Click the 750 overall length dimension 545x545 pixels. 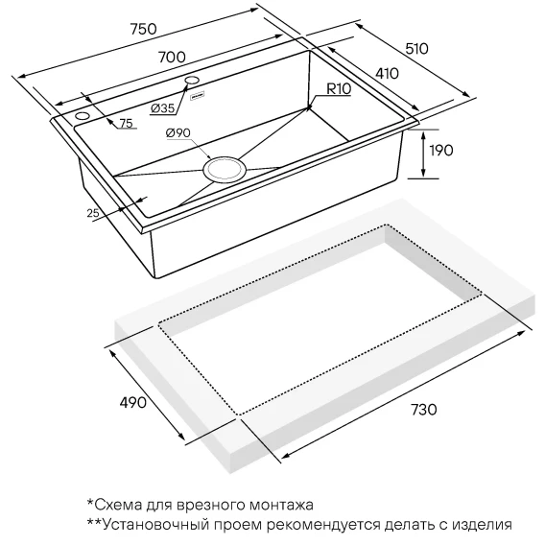[x=144, y=29]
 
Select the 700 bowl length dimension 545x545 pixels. [x=172, y=57]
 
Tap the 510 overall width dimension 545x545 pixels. [x=416, y=49]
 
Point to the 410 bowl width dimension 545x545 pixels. [x=387, y=73]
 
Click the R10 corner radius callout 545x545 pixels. [x=339, y=89]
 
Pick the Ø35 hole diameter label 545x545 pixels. [x=163, y=108]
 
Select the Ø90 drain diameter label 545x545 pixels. [x=178, y=132]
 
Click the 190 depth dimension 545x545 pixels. [x=441, y=151]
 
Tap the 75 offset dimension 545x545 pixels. [x=126, y=124]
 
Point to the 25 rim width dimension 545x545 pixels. [x=93, y=213]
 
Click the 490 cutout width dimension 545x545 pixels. [x=132, y=402]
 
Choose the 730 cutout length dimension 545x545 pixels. [x=424, y=410]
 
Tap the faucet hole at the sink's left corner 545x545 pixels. [x=83, y=115]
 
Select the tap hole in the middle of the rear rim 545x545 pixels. [x=192, y=80]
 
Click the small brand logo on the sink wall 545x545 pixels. [x=198, y=96]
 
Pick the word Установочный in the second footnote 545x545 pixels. [x=156, y=524]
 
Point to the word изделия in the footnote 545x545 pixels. [x=483, y=525]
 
